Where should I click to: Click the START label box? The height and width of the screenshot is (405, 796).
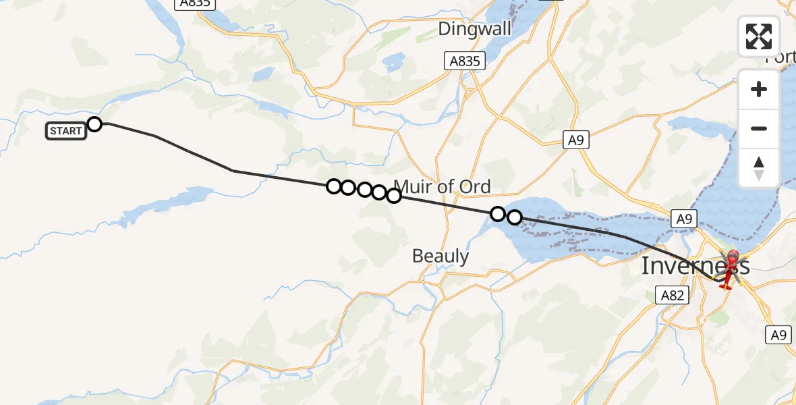click(66, 131)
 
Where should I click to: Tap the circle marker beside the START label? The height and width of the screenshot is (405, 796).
click(94, 124)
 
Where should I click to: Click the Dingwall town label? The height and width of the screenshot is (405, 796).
click(474, 29)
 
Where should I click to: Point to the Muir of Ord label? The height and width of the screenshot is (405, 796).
click(442, 186)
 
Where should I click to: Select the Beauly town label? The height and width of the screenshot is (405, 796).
click(440, 256)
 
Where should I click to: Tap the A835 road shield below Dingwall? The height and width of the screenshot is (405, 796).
click(465, 61)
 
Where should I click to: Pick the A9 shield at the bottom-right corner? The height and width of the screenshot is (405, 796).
click(779, 335)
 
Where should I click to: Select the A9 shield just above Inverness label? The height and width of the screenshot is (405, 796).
click(684, 219)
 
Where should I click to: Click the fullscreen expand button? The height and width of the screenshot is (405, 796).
click(759, 36)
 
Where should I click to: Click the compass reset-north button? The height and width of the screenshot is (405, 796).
click(759, 168)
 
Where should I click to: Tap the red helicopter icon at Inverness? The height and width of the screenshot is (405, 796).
click(731, 269)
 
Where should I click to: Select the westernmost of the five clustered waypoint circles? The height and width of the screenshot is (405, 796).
click(333, 186)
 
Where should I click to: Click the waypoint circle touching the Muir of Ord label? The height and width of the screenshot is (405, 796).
click(394, 196)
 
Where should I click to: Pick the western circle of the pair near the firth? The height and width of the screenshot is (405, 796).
click(497, 214)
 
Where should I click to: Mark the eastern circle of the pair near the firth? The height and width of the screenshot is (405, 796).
click(514, 217)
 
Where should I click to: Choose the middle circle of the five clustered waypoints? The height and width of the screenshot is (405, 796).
click(364, 190)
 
